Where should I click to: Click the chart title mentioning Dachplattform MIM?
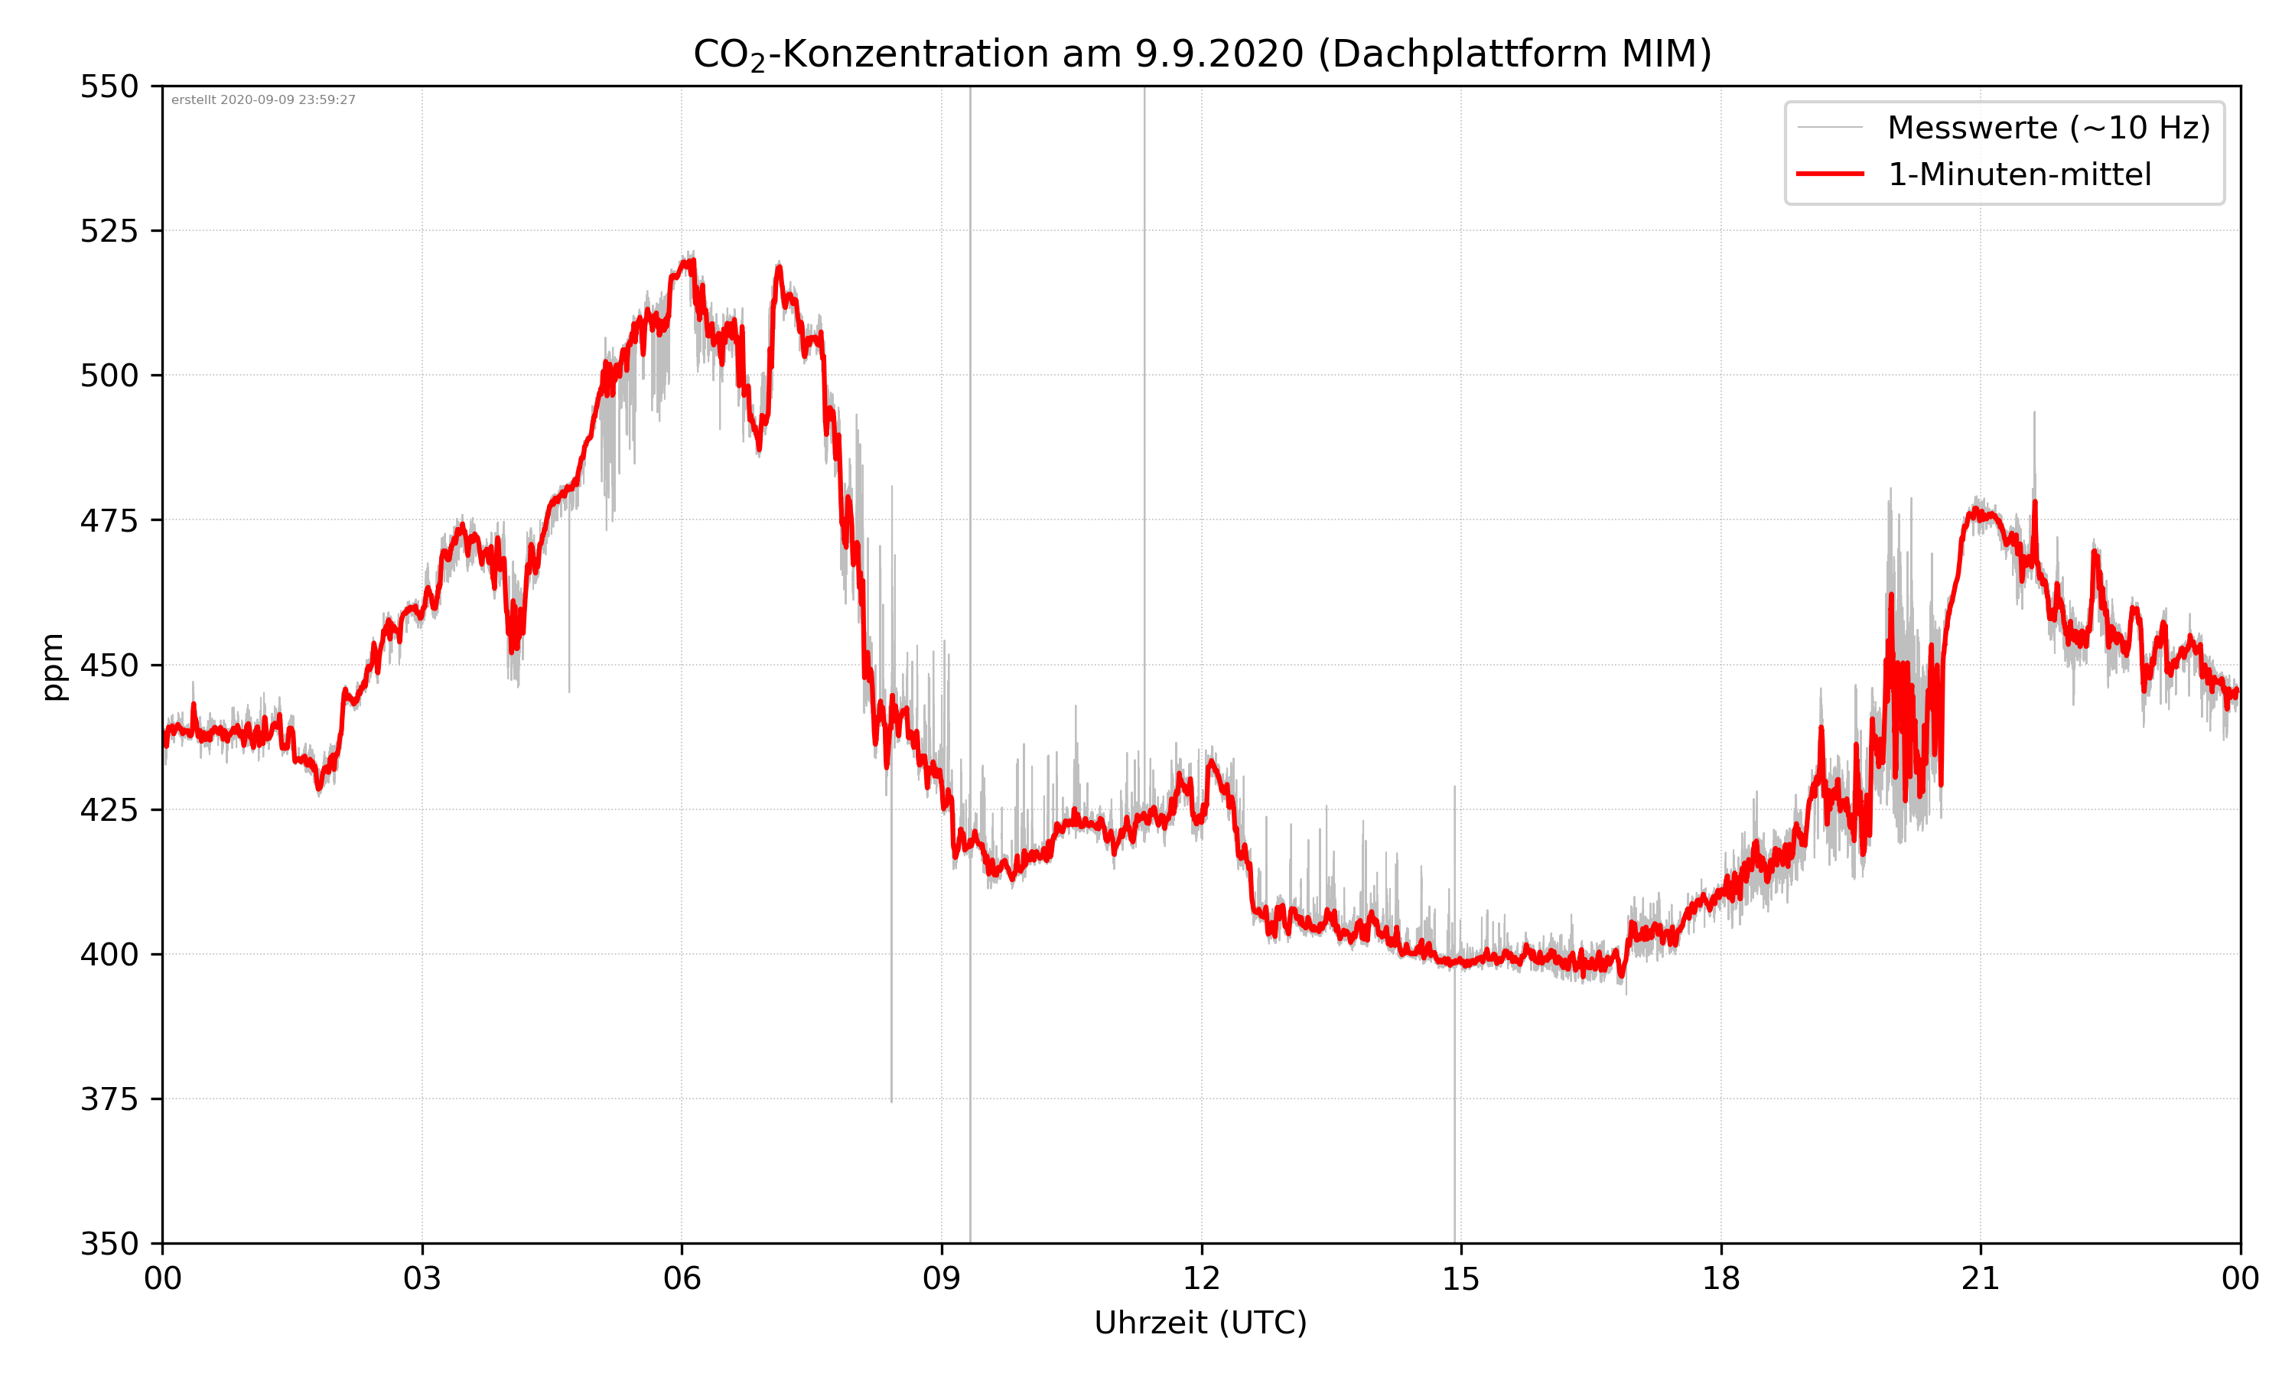[1201, 54]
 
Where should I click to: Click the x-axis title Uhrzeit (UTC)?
[1200, 1322]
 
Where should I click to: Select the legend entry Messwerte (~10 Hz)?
[2048, 128]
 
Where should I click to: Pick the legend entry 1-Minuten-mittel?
[2019, 174]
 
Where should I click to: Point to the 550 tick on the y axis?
[109, 87]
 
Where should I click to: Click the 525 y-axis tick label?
[109, 231]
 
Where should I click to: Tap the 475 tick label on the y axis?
[109, 520]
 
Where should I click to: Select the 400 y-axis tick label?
[109, 955]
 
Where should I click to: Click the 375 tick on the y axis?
[109, 1099]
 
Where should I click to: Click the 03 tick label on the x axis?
[422, 1278]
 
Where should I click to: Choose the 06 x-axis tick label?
[682, 1278]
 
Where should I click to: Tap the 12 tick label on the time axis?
[1201, 1278]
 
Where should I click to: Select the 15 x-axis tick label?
[1461, 1278]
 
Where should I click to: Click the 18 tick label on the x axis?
[1720, 1278]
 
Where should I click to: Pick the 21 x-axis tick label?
[1981, 1278]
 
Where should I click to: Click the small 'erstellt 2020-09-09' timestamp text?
[263, 100]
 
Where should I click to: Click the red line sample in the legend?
[1829, 174]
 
